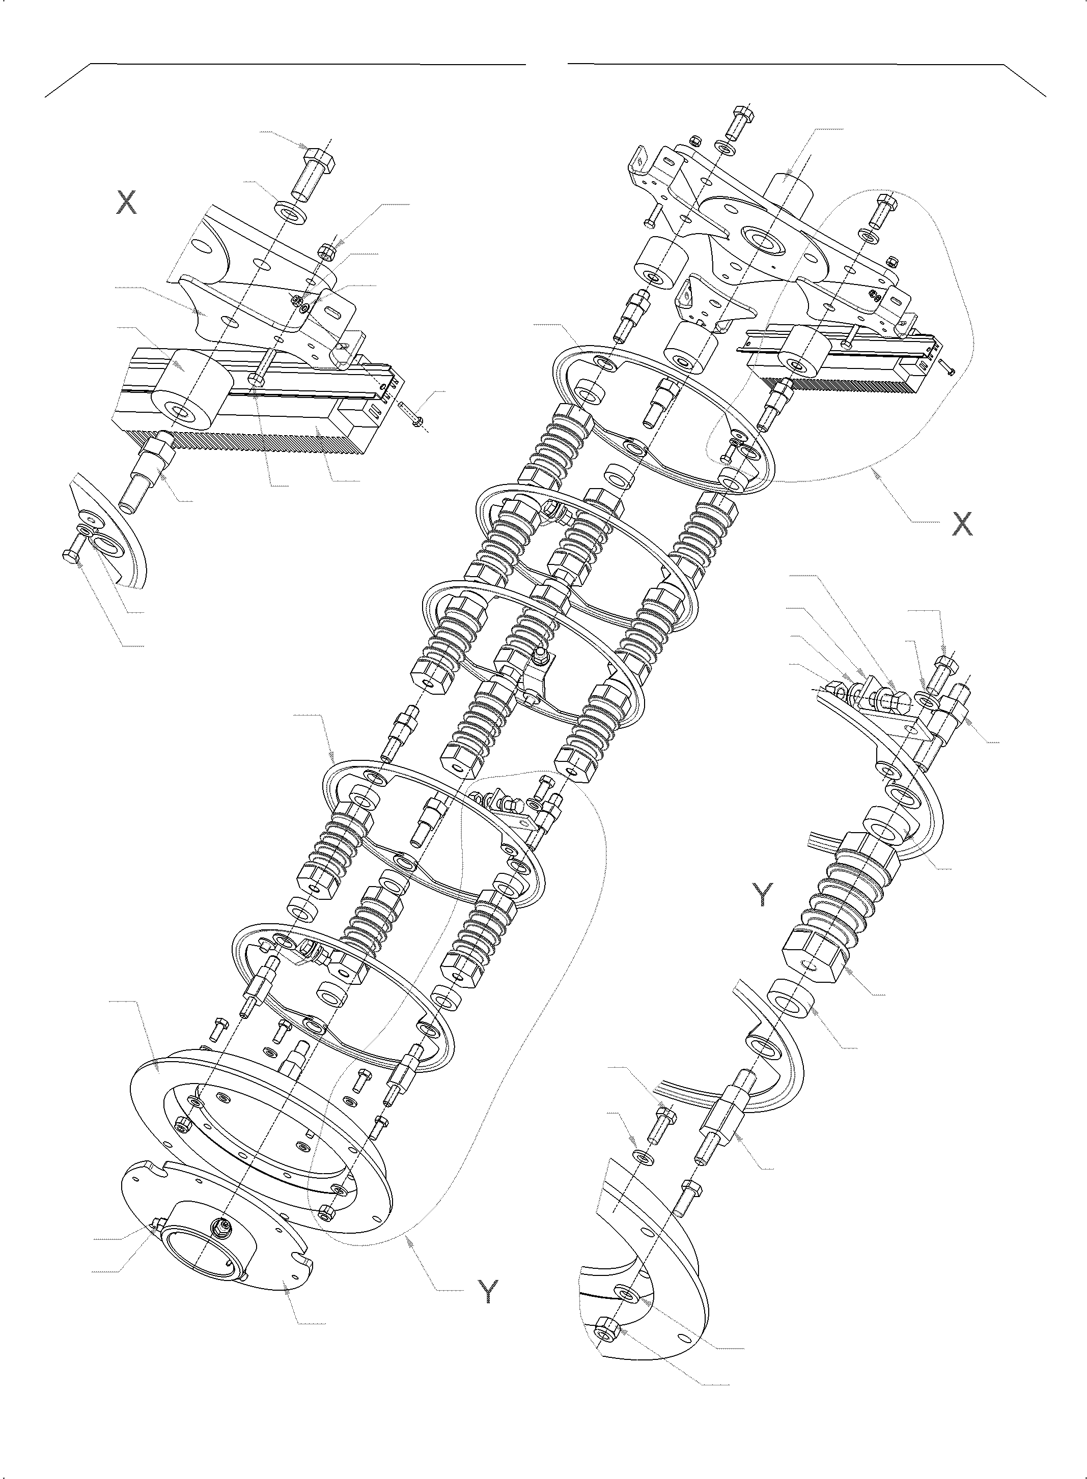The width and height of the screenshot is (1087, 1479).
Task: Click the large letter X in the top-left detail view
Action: (x=126, y=203)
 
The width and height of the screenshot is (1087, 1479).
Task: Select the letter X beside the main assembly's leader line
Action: (x=962, y=524)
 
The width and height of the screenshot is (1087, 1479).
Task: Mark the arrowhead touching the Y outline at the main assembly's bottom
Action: (x=409, y=1239)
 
